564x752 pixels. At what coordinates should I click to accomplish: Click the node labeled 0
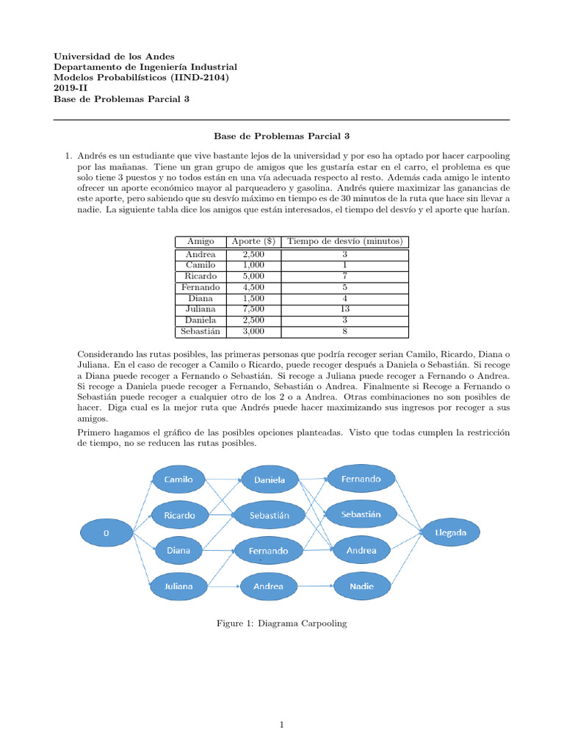[x=106, y=534]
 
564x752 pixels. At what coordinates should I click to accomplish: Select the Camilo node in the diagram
[x=178, y=480]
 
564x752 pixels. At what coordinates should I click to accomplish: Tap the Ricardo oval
[x=179, y=515]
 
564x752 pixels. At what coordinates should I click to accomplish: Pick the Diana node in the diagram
[x=178, y=550]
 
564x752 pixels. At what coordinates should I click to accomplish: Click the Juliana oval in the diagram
[x=178, y=586]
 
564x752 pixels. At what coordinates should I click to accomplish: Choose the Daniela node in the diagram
[x=270, y=480]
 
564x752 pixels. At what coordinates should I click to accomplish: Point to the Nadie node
[x=361, y=586]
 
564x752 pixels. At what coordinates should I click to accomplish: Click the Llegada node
[x=450, y=533]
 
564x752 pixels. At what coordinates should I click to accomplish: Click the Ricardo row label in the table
[x=200, y=275]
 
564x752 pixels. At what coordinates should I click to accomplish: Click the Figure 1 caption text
[x=281, y=623]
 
